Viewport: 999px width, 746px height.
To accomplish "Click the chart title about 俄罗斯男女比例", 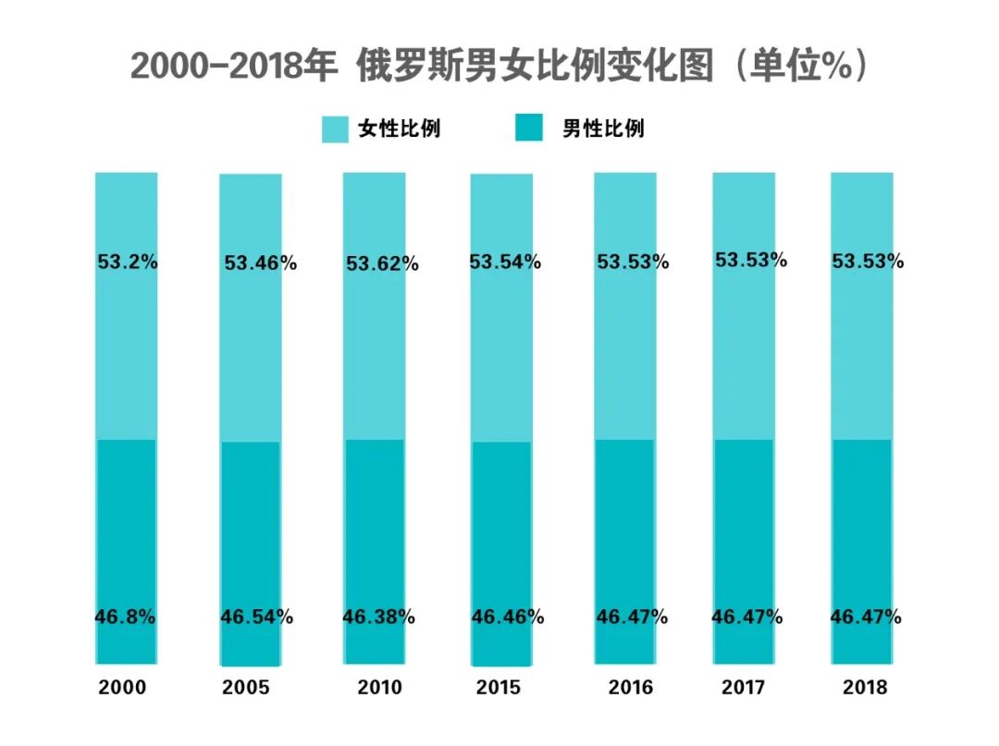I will [x=499, y=67].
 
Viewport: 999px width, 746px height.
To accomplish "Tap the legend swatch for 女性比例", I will [x=335, y=128].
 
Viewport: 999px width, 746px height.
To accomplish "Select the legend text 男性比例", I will [x=603, y=128].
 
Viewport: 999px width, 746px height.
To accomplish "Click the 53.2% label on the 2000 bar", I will [x=128, y=262].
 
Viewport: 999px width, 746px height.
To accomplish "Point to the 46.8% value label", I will [x=125, y=617].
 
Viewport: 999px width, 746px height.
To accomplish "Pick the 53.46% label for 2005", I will [x=260, y=263].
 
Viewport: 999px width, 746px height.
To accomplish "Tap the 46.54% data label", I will [x=257, y=617].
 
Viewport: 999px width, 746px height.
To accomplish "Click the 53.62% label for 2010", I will [x=382, y=263].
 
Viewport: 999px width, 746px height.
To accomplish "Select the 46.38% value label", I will [x=378, y=617].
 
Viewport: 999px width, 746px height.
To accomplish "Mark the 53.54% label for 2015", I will [x=504, y=262].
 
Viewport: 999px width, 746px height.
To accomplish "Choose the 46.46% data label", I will [x=508, y=617].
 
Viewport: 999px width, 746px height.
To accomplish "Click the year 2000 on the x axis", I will [x=123, y=688].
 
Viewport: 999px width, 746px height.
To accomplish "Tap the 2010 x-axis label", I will [x=379, y=688].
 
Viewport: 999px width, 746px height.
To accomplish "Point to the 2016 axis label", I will [x=630, y=688].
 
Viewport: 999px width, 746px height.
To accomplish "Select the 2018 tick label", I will [x=865, y=688].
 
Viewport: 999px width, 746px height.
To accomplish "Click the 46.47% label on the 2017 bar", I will [x=746, y=617].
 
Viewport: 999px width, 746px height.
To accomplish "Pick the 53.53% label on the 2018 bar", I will [x=868, y=262].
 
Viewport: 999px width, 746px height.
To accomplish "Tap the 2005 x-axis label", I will [x=246, y=688].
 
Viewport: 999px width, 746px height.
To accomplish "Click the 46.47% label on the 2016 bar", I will [x=632, y=617].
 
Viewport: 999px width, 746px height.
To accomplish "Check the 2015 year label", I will [x=499, y=688].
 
